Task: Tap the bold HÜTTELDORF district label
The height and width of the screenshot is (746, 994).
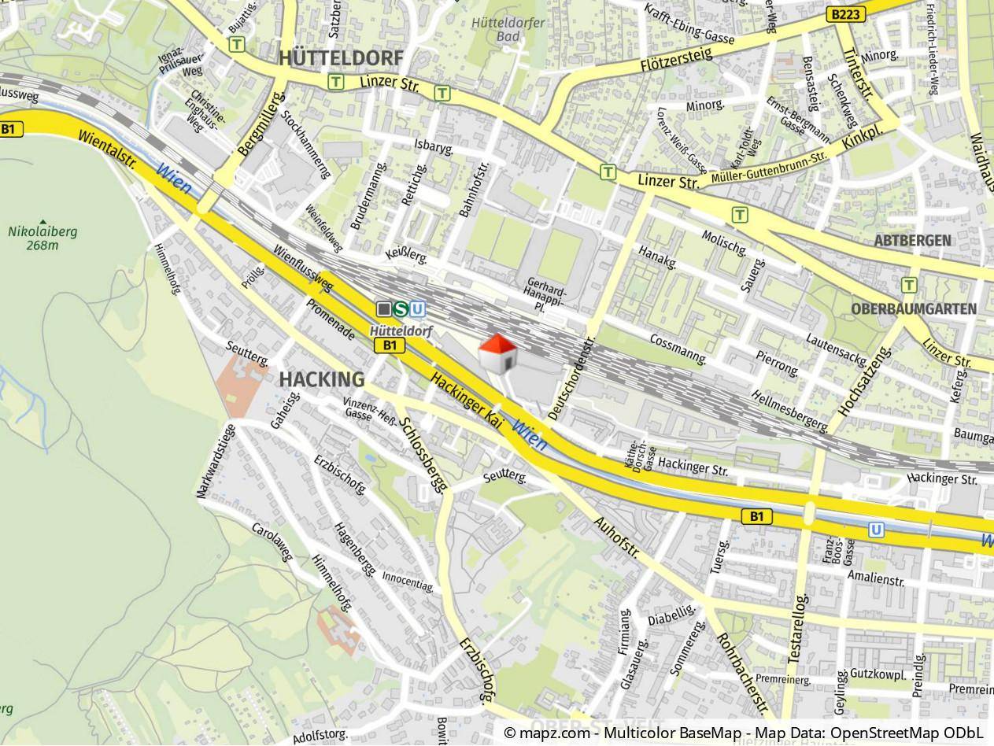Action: tap(340, 58)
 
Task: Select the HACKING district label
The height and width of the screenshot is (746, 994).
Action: tap(322, 380)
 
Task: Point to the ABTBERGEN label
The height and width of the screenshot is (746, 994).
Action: tap(912, 241)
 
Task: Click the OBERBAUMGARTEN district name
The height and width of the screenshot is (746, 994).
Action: tap(913, 309)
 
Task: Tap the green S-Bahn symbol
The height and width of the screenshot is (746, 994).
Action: tap(401, 309)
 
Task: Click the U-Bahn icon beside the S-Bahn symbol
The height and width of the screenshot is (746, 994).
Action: tap(418, 309)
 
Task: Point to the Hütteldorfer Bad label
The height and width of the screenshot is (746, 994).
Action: tap(508, 29)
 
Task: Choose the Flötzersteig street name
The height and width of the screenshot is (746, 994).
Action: tap(676, 59)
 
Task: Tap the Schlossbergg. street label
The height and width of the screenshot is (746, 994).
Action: tap(423, 454)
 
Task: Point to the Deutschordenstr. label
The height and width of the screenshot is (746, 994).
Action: tap(571, 380)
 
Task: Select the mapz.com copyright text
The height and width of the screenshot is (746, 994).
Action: tap(744, 733)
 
